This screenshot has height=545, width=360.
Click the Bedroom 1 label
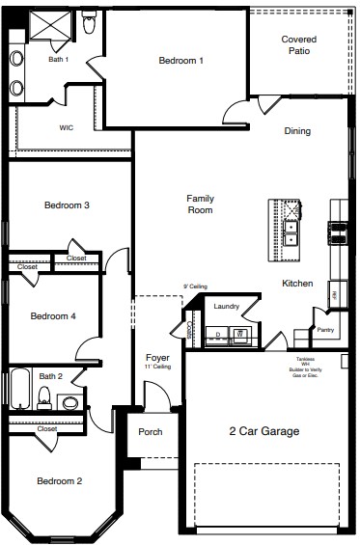[x=180, y=61]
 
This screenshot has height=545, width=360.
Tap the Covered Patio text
[x=298, y=45]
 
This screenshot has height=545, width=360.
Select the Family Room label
[x=200, y=204]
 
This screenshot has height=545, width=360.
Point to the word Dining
[x=296, y=131]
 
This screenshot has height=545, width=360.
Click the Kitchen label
[x=296, y=284]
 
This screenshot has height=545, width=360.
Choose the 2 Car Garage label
[x=263, y=431]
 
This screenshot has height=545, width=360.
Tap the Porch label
[x=151, y=432]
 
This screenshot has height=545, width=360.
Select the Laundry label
[x=227, y=307]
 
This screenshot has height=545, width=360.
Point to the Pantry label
[x=325, y=330]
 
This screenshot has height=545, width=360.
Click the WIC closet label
[x=67, y=126]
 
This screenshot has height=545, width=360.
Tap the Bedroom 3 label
[x=67, y=204]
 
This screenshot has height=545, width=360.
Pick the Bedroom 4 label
[x=52, y=316]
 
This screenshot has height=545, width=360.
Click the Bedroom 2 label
[x=59, y=480]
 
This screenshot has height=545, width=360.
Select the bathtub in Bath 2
[x=20, y=390]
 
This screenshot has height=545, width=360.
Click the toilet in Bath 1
[x=89, y=22]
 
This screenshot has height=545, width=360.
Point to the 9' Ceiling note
[x=195, y=286]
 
